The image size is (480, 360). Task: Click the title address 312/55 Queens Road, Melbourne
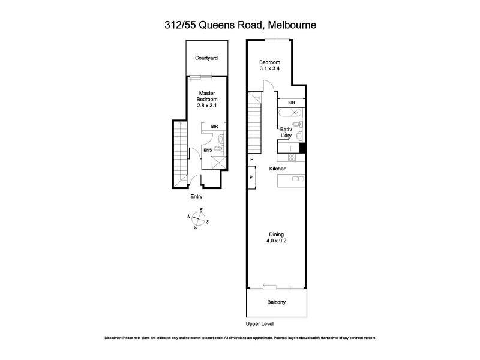coord(240,25)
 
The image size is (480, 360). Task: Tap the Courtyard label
coord(206,58)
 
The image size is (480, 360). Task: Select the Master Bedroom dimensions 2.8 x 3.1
coord(206,105)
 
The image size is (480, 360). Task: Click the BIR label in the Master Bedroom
coord(214,127)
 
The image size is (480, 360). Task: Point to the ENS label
coord(208,150)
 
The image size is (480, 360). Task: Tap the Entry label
coord(196,197)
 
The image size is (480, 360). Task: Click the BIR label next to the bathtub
coord(292,103)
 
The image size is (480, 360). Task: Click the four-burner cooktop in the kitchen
coord(292,158)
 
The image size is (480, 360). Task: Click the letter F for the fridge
coord(252,160)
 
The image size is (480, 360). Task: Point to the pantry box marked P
coord(251,178)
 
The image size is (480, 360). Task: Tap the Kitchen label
coord(277,169)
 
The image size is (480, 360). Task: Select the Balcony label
coord(276,302)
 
